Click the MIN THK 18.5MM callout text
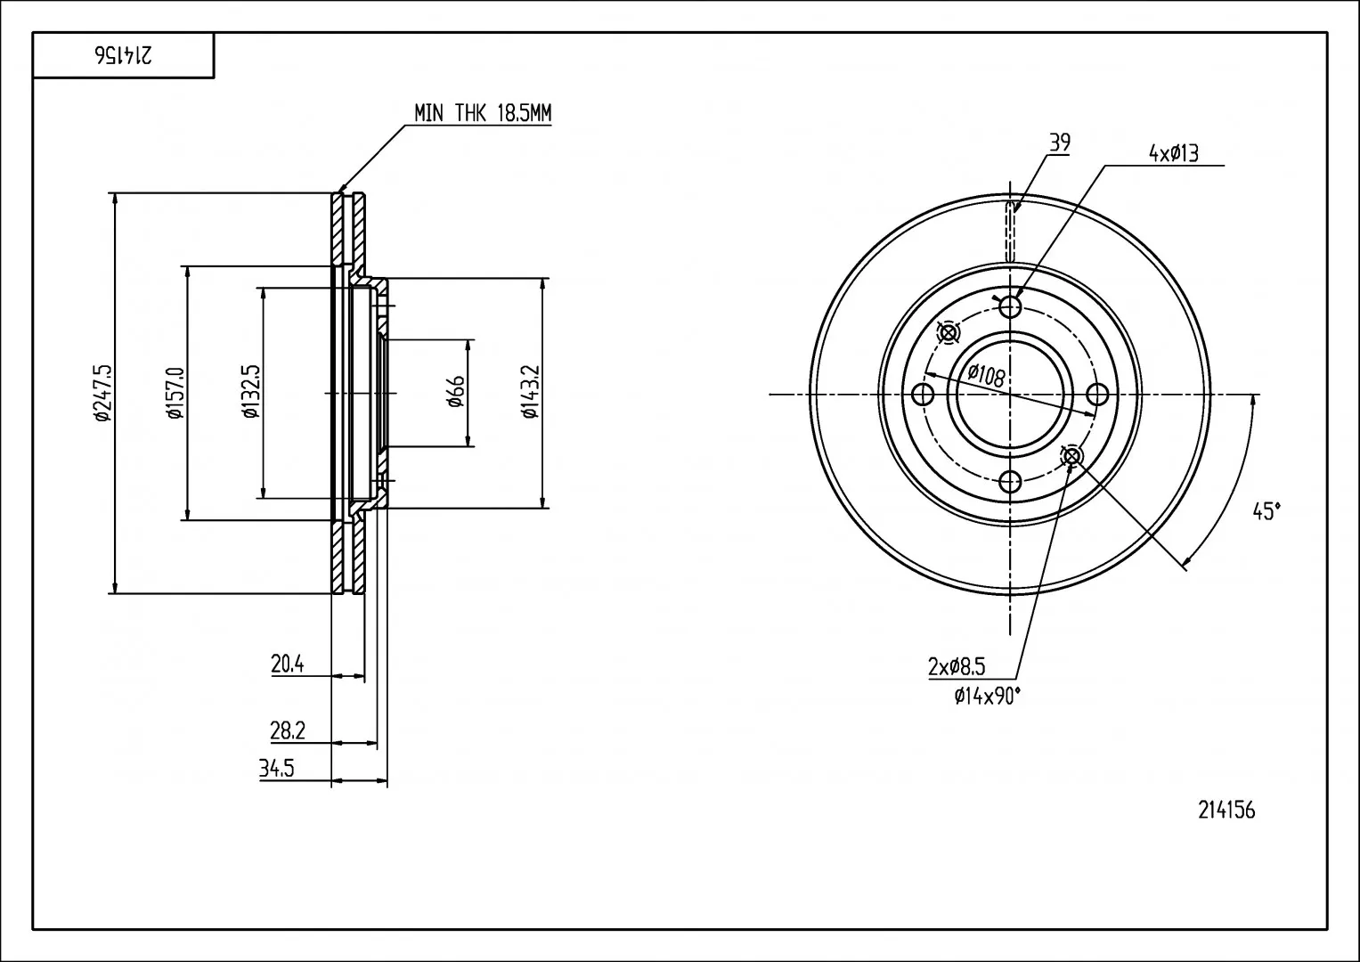coord(483,113)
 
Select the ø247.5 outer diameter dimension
coord(102,394)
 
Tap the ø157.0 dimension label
coord(175,393)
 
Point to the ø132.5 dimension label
coord(251,392)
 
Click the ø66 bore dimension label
coord(456,392)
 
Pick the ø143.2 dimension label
coord(530,392)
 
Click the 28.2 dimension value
coord(288,731)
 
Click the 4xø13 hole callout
coord(1174,153)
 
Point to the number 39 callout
coord(1060,143)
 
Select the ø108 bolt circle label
coord(987,375)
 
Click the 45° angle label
coord(1266,511)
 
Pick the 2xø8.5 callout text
coord(957,667)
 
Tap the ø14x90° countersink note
coord(988,696)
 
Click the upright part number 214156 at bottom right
coord(1226,811)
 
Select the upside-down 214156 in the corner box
coord(123,55)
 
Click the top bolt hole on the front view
coord(1010,306)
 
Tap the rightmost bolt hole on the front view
coord(1097,395)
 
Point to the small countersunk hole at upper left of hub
coord(948,333)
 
